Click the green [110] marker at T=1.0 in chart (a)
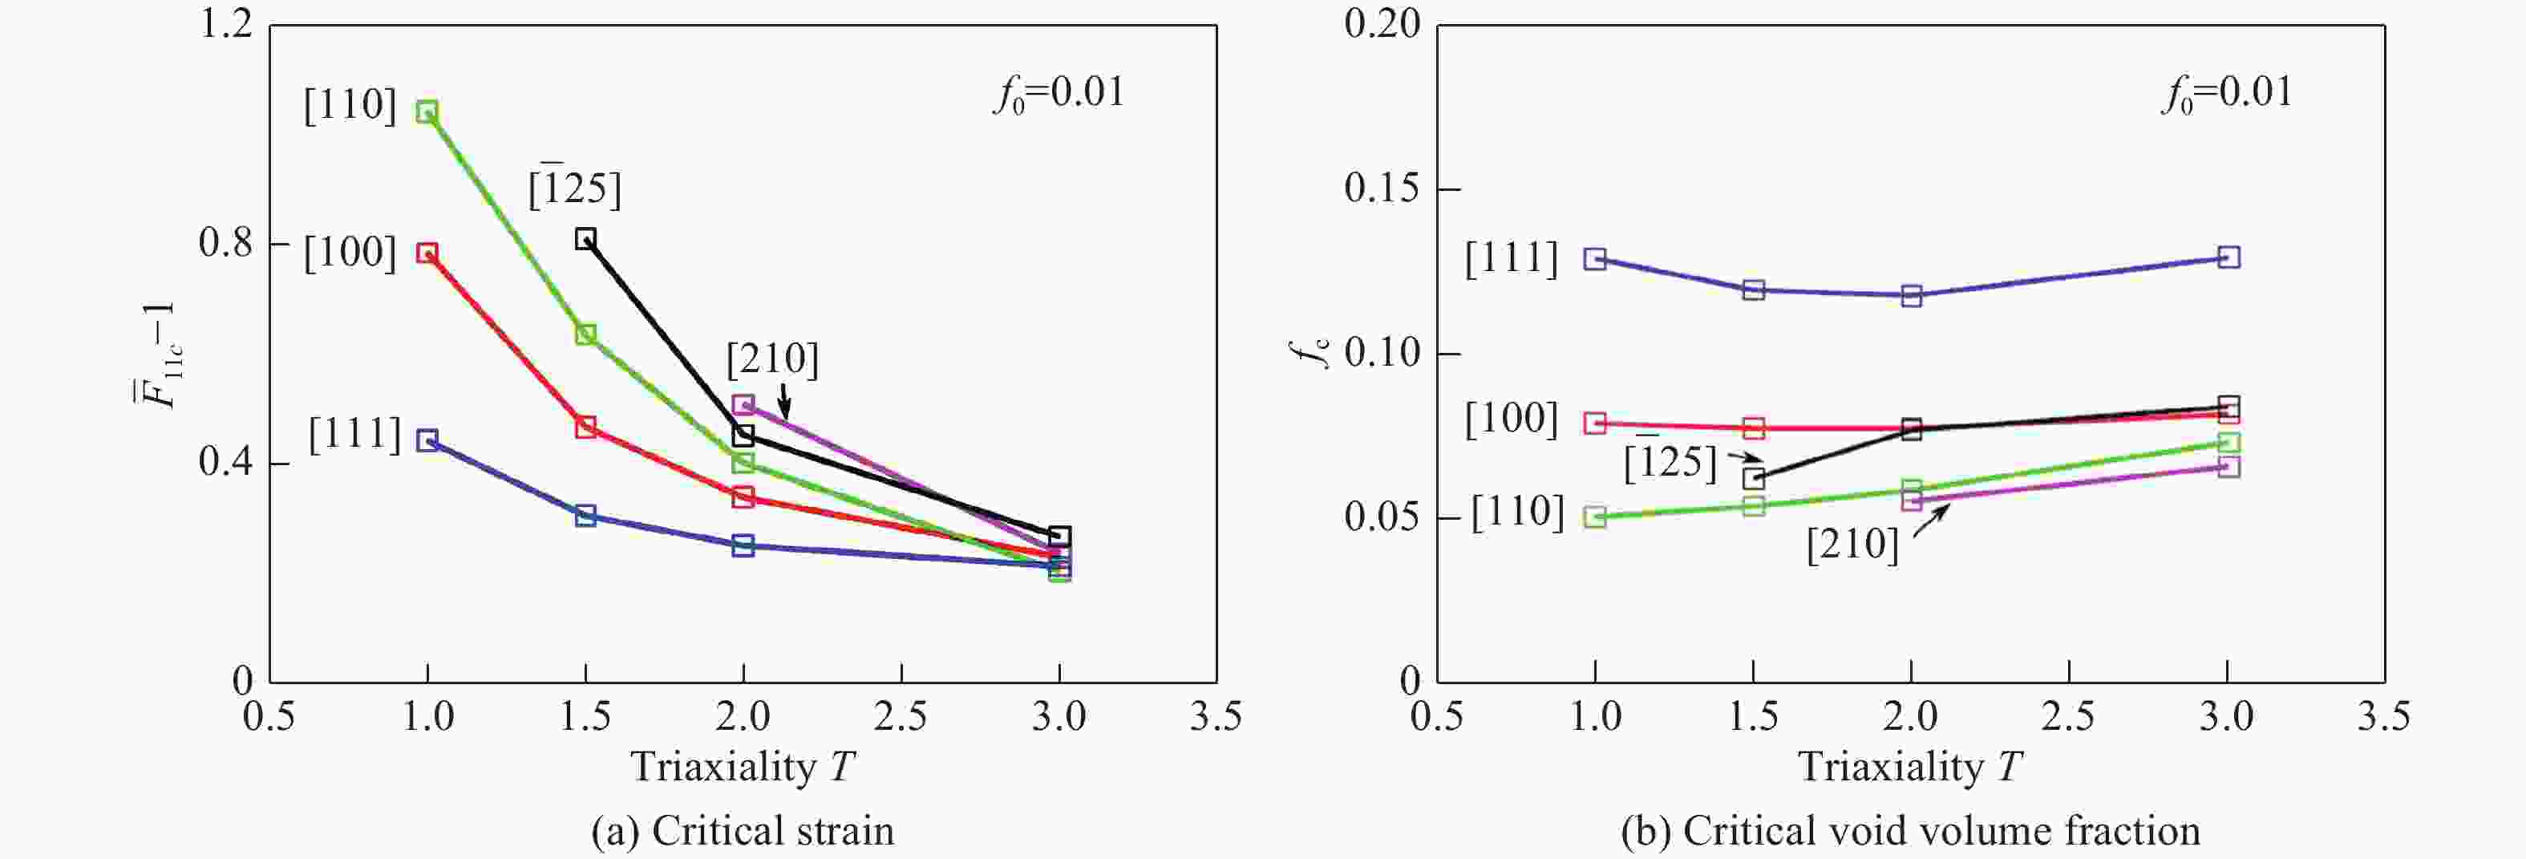(427, 111)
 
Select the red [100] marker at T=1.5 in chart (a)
(585, 427)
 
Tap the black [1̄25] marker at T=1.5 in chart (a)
(585, 239)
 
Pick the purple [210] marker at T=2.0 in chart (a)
(743, 405)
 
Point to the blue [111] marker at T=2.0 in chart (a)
(743, 546)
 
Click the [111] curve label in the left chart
(355, 435)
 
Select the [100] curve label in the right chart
(1511, 419)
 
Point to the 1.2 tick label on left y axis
(225, 25)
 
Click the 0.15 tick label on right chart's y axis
(1382, 188)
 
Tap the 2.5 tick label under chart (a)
(901, 717)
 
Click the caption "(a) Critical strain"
(743, 832)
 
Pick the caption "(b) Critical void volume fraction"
(1910, 832)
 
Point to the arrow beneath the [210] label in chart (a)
(783, 401)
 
